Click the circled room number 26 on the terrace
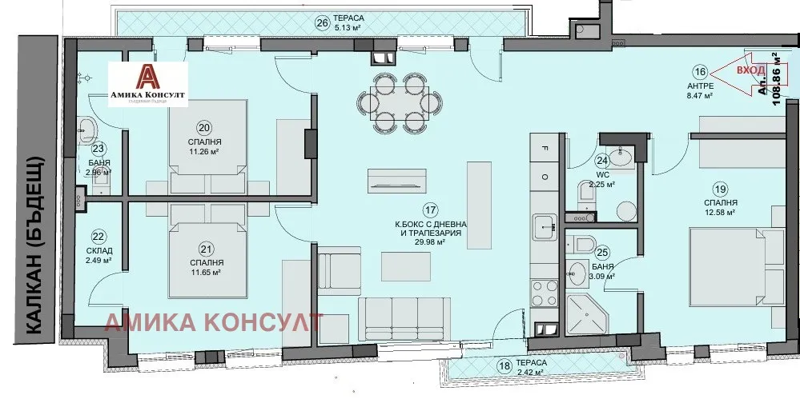click(323, 22)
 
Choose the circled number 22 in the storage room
click(98, 236)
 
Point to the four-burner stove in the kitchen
click(545, 289)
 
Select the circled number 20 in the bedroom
click(206, 127)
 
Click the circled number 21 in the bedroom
click(207, 247)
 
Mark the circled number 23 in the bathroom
click(98, 147)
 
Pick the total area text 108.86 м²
click(774, 78)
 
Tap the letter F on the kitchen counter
click(545, 148)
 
